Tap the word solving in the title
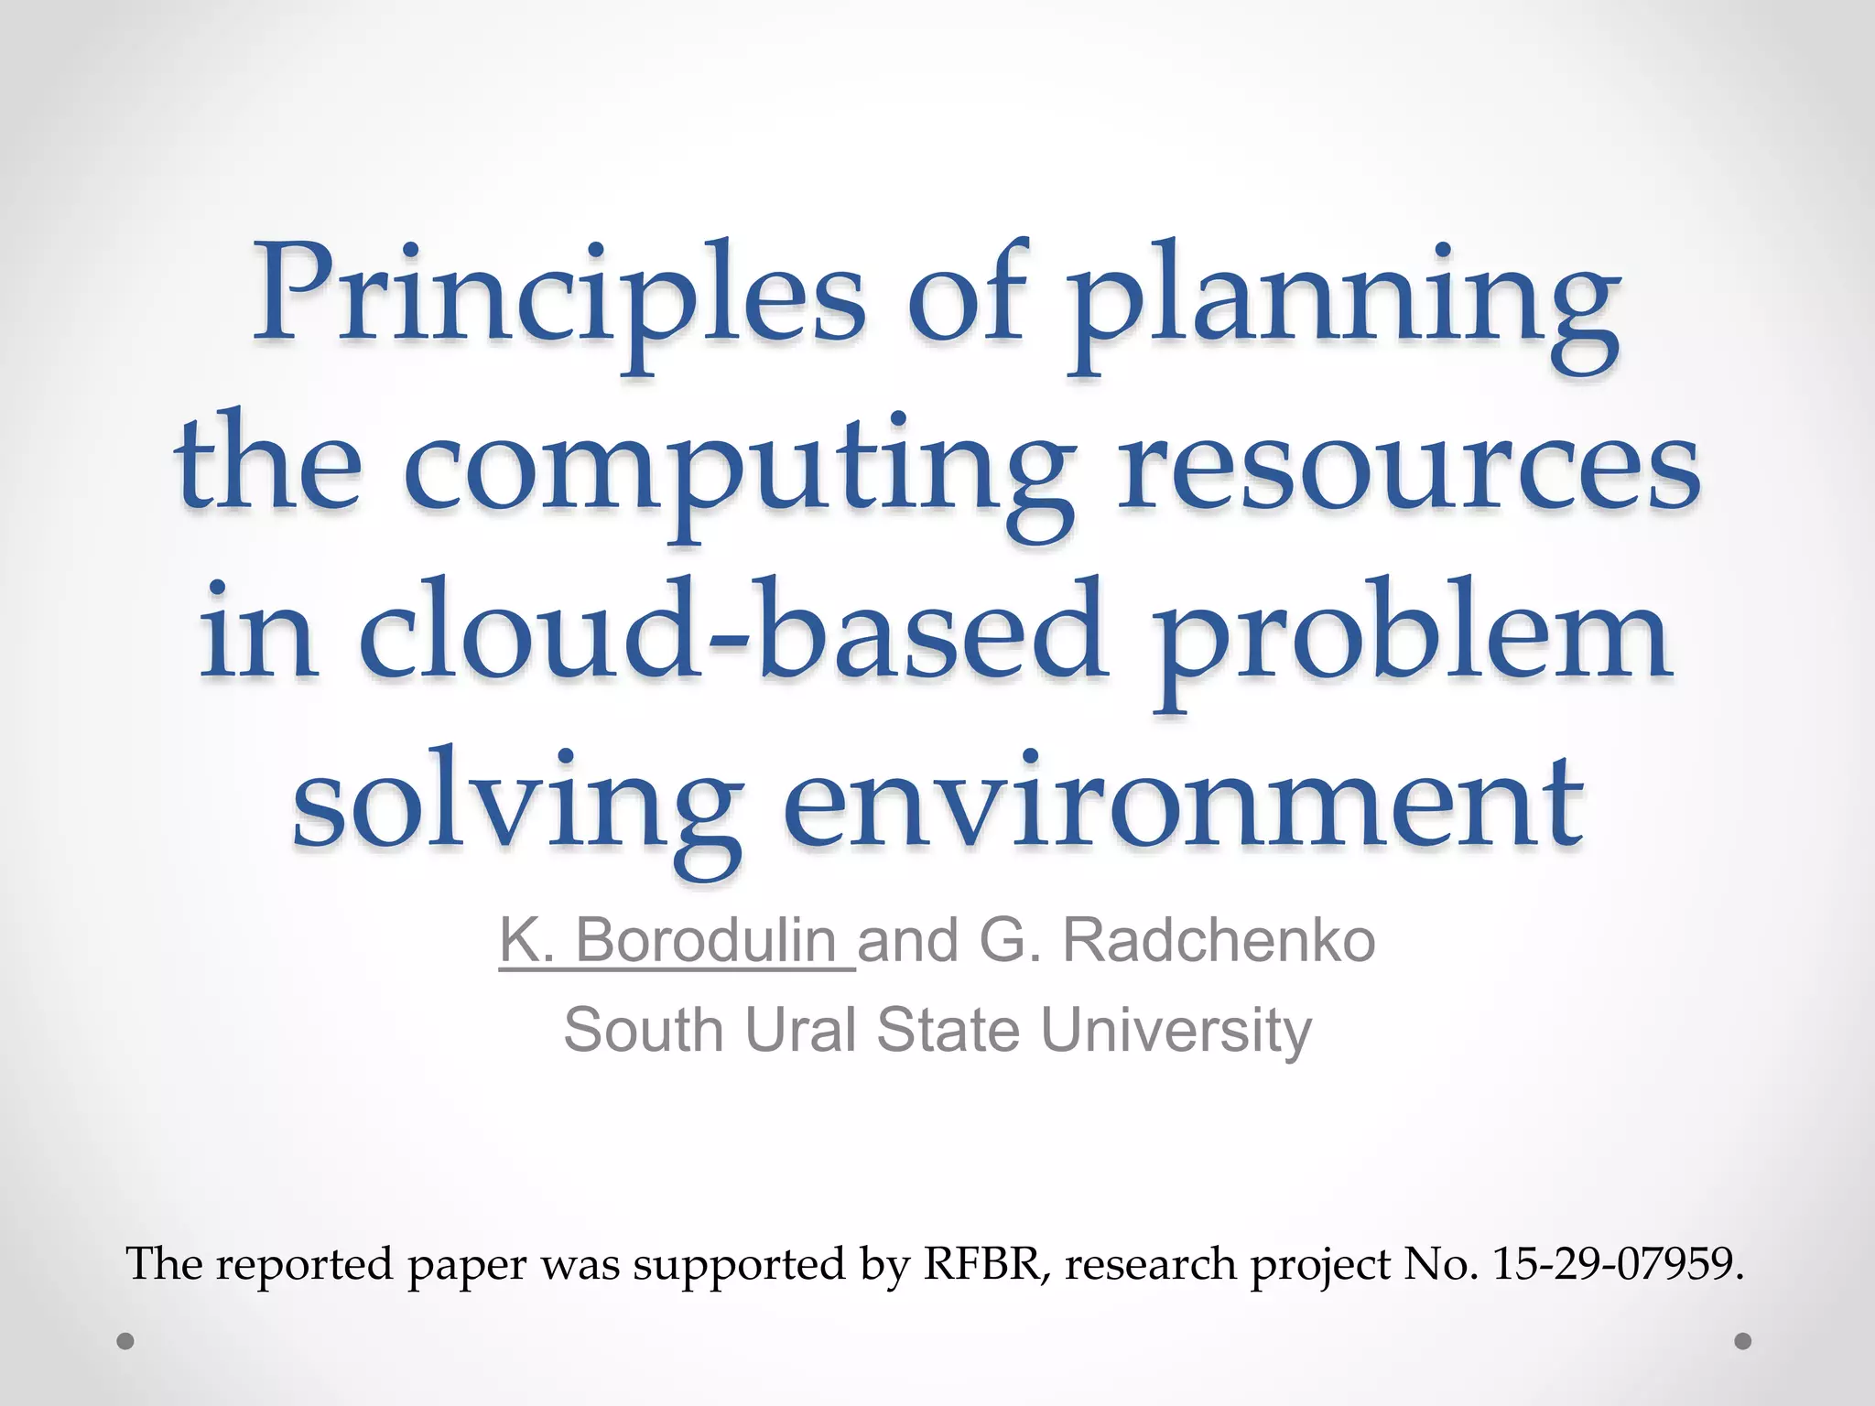tap(516, 801)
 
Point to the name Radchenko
tap(1218, 940)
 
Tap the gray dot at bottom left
tap(126, 1342)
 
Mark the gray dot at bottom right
tap(1743, 1341)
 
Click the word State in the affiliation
tap(948, 1030)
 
